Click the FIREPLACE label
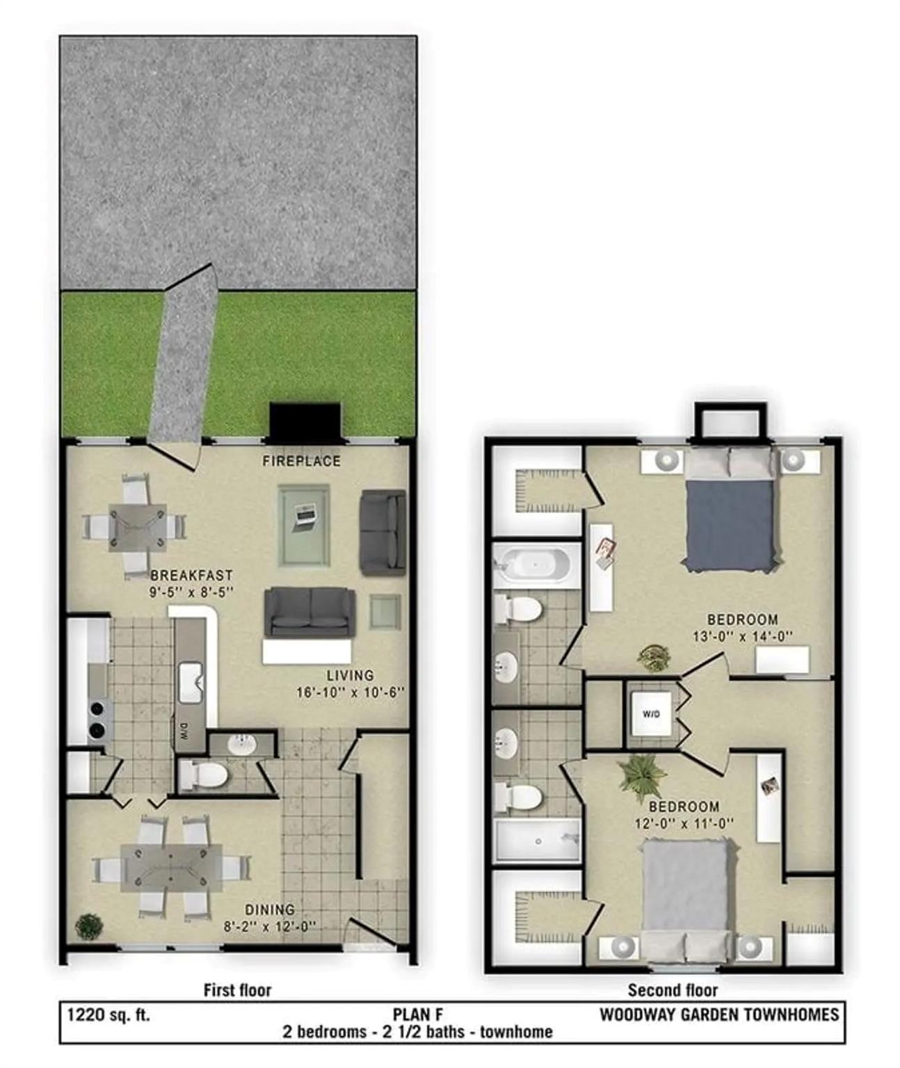[x=301, y=461]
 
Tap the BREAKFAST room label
[x=191, y=576]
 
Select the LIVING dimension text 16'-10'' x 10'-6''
[x=350, y=693]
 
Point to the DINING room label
[x=269, y=909]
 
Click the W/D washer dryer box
[x=651, y=714]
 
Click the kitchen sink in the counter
[x=190, y=683]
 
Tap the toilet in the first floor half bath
[x=204, y=774]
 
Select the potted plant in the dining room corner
[x=88, y=926]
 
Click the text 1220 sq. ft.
[x=109, y=1014]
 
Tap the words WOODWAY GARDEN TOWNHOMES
[x=718, y=1014]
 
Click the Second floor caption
[x=672, y=989]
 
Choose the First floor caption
[x=237, y=989]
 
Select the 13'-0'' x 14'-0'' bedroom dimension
[x=742, y=636]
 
